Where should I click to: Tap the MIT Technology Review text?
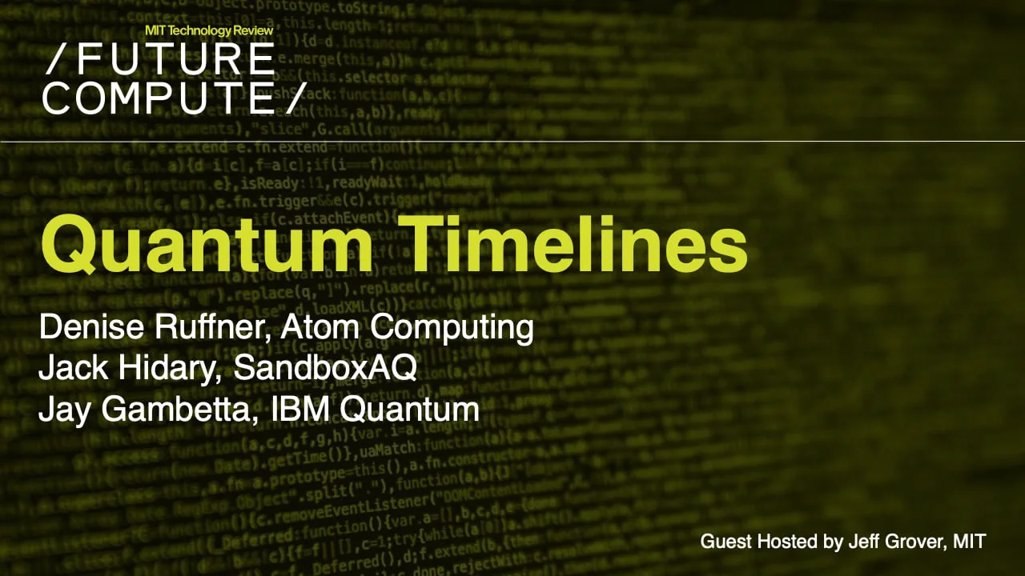tap(209, 30)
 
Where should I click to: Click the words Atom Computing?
tap(407, 327)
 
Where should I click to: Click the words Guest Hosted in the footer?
tap(755, 542)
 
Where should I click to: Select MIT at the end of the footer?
tap(969, 542)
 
